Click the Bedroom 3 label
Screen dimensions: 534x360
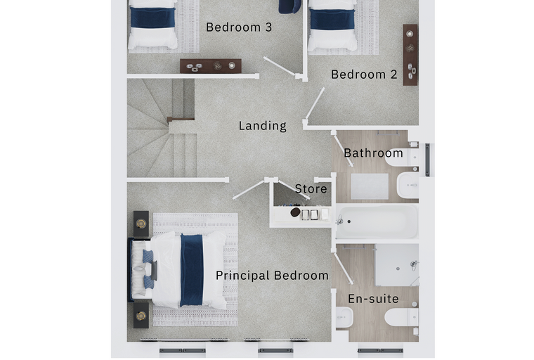pyautogui.click(x=239, y=27)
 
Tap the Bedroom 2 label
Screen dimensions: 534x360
pyautogui.click(x=364, y=75)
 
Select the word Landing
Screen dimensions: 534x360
pyautogui.click(x=263, y=126)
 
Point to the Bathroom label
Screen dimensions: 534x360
pyautogui.click(x=373, y=153)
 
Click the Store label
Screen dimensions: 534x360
pyautogui.click(x=311, y=188)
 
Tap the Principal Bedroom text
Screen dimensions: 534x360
pyautogui.click(x=272, y=276)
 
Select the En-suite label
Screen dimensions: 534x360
pyautogui.click(x=373, y=299)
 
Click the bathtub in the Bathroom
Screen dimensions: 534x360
pyautogui.click(x=377, y=221)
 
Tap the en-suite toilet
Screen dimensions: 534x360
pyautogui.click(x=401, y=317)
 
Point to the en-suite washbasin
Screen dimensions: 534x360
pyautogui.click(x=344, y=317)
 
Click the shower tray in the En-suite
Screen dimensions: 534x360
pyautogui.click(x=397, y=265)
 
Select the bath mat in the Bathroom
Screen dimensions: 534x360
pyautogui.click(x=370, y=186)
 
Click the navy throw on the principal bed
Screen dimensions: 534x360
pyautogui.click(x=192, y=270)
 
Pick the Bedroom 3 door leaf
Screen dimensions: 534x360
pyautogui.click(x=279, y=67)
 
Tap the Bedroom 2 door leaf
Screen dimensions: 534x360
pyautogui.click(x=315, y=103)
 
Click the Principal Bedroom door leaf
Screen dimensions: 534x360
pyautogui.click(x=249, y=189)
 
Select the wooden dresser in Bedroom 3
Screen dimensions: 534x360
pyautogui.click(x=211, y=66)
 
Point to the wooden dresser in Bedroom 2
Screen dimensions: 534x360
pyautogui.click(x=410, y=55)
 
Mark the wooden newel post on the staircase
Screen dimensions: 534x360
pyautogui.click(x=181, y=119)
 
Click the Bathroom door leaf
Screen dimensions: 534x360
pyautogui.click(x=344, y=150)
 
